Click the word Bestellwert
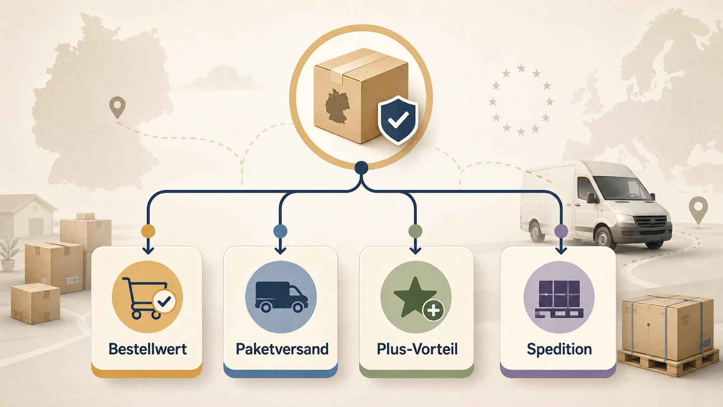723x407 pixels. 147,349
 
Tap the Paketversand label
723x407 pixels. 282,349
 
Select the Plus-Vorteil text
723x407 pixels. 417,349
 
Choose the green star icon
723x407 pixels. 415,297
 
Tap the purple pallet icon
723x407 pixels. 559,299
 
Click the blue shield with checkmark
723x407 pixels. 398,119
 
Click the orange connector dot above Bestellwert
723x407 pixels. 148,231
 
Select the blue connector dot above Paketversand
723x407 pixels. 280,231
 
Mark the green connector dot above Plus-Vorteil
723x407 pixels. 415,231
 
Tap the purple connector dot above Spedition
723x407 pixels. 561,231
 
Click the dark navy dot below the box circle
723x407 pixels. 361,168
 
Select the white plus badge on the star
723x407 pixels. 433,310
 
